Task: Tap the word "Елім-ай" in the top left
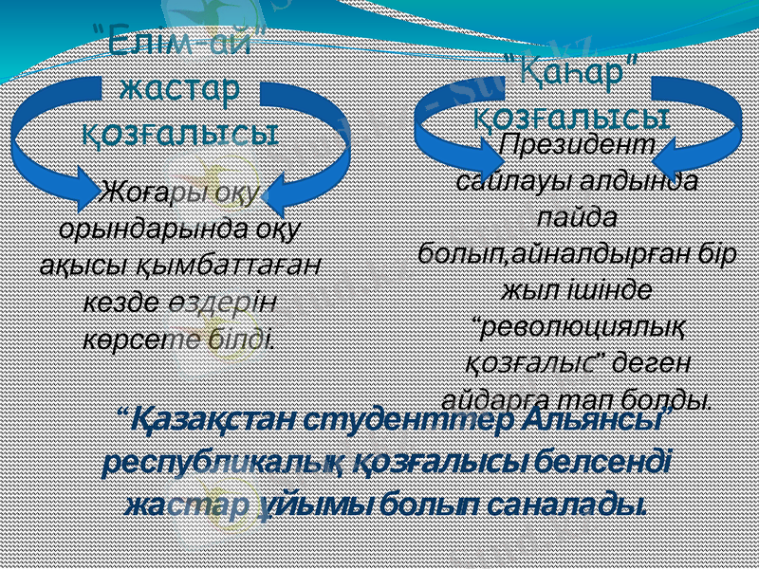coord(179,44)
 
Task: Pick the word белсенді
coord(603,463)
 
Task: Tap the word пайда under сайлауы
coord(575,216)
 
